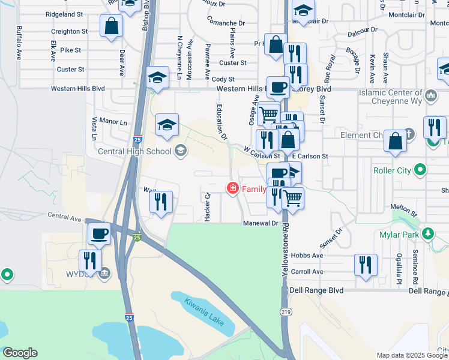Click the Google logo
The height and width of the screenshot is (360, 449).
(x=20, y=353)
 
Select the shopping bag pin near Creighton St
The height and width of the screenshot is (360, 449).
(x=111, y=26)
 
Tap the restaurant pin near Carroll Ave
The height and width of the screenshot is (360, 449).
(x=366, y=265)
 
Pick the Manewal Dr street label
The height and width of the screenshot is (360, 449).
(x=261, y=223)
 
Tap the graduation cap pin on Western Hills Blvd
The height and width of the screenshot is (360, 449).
(x=157, y=78)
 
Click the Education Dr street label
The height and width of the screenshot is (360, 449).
(x=221, y=121)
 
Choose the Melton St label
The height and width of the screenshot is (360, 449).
(x=403, y=209)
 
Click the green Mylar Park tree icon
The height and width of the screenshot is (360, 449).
(x=428, y=233)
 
